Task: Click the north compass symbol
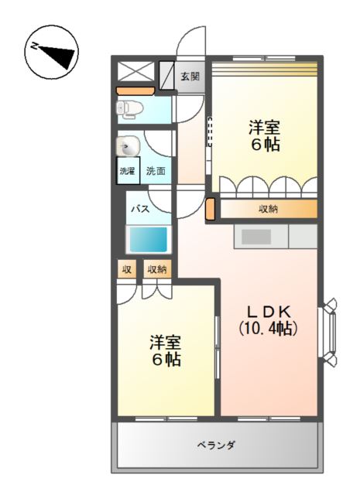click(52, 53)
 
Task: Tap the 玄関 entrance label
click(190, 76)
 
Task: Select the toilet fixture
click(129, 109)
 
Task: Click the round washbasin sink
click(128, 146)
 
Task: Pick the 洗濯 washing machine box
click(128, 170)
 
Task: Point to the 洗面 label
click(156, 171)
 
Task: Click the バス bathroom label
click(141, 208)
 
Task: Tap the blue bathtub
click(148, 239)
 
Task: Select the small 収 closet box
click(127, 269)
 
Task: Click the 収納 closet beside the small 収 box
click(157, 269)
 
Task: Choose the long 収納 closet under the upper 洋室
click(269, 209)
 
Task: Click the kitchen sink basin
click(256, 237)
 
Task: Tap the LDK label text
click(269, 312)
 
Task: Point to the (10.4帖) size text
click(268, 328)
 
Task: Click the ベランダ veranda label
click(216, 445)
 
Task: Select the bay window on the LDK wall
click(327, 333)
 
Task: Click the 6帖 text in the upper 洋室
click(266, 145)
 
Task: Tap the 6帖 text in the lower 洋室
click(166, 360)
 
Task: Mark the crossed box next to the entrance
click(136, 72)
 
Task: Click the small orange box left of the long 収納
click(210, 209)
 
